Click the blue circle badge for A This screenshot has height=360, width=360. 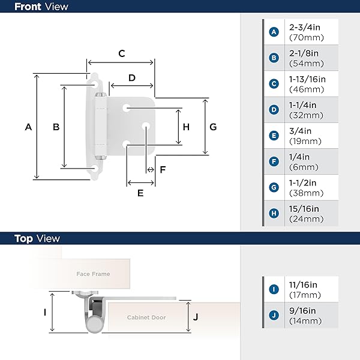click(274, 32)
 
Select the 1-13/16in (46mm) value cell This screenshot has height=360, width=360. click(311, 84)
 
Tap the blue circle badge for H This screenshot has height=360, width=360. click(274, 213)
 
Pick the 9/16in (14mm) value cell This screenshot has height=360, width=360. click(311, 316)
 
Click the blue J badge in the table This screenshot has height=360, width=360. click(274, 315)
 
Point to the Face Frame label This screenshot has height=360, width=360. click(93, 274)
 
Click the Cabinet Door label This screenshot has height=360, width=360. click(146, 317)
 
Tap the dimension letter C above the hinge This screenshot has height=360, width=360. click(122, 53)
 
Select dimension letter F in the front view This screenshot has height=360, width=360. click(163, 170)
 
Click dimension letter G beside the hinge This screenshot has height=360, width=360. click(213, 127)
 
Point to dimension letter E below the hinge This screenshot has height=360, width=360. click(140, 193)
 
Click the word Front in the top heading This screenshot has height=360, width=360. click(28, 7)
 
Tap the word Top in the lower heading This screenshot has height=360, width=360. click(23, 239)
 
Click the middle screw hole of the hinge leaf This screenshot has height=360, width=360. click(146, 126)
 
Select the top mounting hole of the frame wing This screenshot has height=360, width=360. click(95, 85)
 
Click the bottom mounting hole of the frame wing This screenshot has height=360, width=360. click(95, 169)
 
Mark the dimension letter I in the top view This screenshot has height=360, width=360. click(45, 312)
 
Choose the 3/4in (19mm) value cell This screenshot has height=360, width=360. click(311, 136)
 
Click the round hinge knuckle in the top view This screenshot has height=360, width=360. click(94, 324)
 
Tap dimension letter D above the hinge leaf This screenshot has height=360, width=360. click(132, 78)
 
